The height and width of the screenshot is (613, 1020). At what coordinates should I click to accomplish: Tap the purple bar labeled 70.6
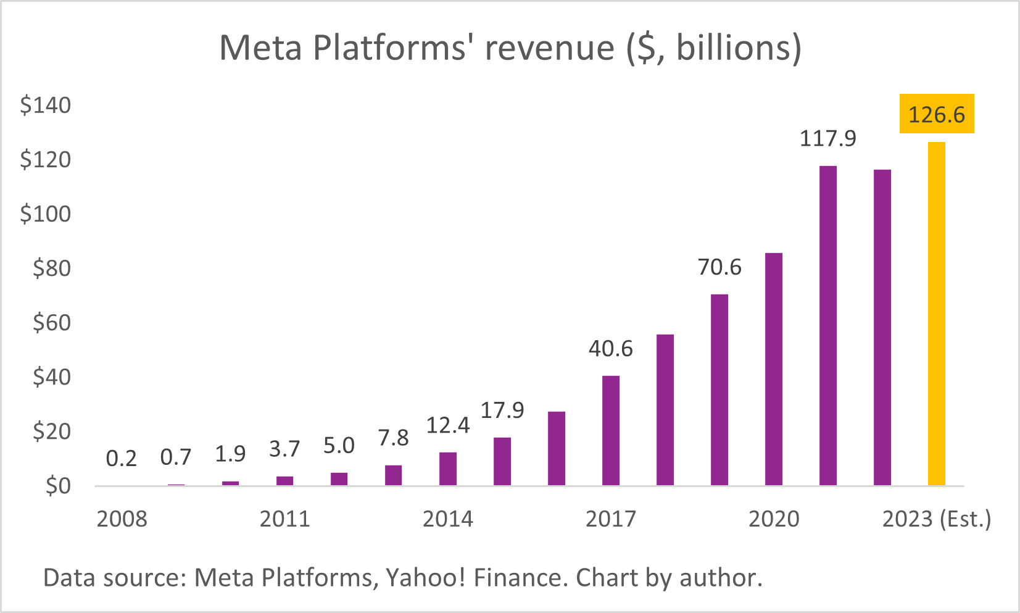719,390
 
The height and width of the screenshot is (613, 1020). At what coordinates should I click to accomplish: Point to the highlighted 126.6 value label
936,114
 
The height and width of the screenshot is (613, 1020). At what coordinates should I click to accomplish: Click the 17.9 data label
502,410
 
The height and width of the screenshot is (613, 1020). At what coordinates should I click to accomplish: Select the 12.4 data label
448,425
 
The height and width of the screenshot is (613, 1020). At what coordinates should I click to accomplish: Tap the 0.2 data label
122,458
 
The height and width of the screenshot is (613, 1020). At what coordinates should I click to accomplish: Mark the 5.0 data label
339,445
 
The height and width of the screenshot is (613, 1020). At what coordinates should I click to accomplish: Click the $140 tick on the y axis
46,105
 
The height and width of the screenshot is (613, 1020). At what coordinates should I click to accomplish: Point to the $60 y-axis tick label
52,322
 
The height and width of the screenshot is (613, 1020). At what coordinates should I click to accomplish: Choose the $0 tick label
58,486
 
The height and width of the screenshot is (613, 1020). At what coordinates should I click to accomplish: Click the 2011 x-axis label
284,519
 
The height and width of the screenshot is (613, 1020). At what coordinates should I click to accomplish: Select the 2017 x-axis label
610,519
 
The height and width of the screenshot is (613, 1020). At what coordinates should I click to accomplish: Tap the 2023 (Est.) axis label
936,519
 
